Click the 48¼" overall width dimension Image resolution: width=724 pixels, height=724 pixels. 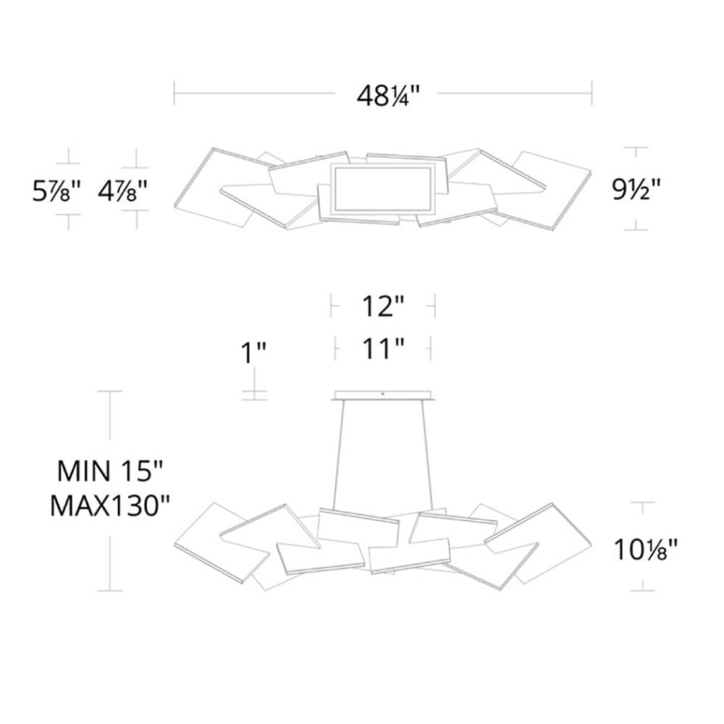tap(388, 96)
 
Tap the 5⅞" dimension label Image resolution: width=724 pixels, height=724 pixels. tap(56, 190)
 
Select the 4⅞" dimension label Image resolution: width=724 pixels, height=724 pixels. tap(122, 190)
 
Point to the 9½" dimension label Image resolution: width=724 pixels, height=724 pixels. tap(636, 189)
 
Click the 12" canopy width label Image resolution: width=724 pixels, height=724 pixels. tap(383, 306)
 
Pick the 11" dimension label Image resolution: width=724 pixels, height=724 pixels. tap(383, 348)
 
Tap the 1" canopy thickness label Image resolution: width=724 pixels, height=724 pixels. tap(253, 353)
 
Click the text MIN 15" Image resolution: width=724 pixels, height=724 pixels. tap(110, 471)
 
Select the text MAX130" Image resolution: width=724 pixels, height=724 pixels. tap(110, 505)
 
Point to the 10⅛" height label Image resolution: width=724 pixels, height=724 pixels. tap(645, 549)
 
